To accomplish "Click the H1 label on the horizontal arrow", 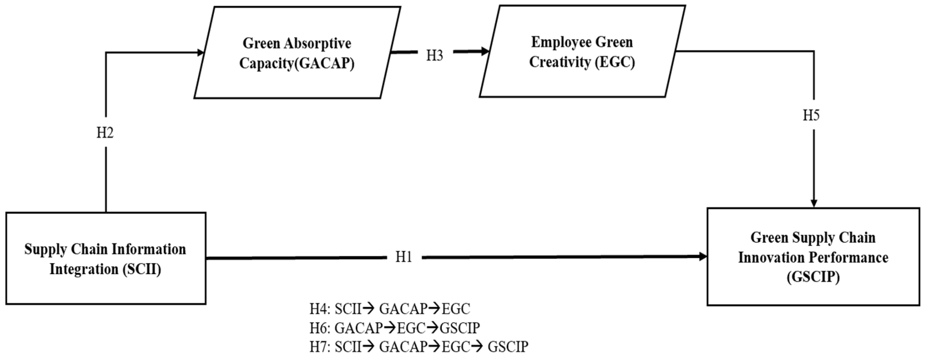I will (x=403, y=257).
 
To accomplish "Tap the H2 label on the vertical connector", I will (x=105, y=133).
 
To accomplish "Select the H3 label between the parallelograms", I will (x=434, y=56).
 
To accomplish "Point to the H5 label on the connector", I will (x=811, y=116).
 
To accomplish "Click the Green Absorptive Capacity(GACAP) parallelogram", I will (x=297, y=53).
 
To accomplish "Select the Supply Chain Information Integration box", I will (x=105, y=258).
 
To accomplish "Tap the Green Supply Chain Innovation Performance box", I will (x=813, y=257).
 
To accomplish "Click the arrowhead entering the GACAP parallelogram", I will (x=200, y=53).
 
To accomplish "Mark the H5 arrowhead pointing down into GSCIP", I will (x=814, y=203).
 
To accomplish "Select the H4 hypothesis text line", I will (x=390, y=309).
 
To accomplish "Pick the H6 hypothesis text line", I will (x=394, y=328).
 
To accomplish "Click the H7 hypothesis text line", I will (x=419, y=347).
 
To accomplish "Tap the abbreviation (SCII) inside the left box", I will (x=142, y=269).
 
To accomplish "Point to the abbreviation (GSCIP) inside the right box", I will (x=813, y=277).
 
